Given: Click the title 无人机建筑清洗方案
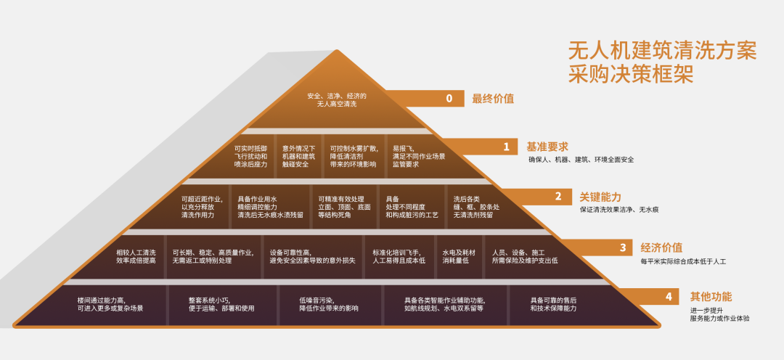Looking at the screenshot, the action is click(x=662, y=51).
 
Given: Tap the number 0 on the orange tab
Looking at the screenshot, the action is click(x=449, y=99).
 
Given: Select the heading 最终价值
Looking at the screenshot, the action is click(x=492, y=99).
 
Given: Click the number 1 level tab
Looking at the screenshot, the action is click(x=506, y=147).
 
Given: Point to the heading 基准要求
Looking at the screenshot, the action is click(x=547, y=147).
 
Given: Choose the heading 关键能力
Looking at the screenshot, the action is click(x=600, y=197).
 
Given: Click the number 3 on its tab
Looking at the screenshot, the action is click(x=623, y=247).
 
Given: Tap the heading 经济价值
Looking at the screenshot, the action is click(x=661, y=247).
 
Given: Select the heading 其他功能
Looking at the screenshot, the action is click(x=711, y=297).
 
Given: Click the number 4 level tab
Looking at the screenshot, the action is click(x=669, y=297).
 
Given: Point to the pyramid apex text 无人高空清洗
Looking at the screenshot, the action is click(x=337, y=105).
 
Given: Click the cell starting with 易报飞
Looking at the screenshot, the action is click(x=419, y=156).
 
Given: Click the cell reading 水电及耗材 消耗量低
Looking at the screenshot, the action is click(x=459, y=256).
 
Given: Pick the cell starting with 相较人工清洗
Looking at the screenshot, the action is click(x=136, y=256).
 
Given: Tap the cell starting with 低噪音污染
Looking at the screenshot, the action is click(x=329, y=305).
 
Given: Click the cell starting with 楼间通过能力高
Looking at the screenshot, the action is click(x=110, y=305).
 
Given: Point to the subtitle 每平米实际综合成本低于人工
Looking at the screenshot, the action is click(x=683, y=261).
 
